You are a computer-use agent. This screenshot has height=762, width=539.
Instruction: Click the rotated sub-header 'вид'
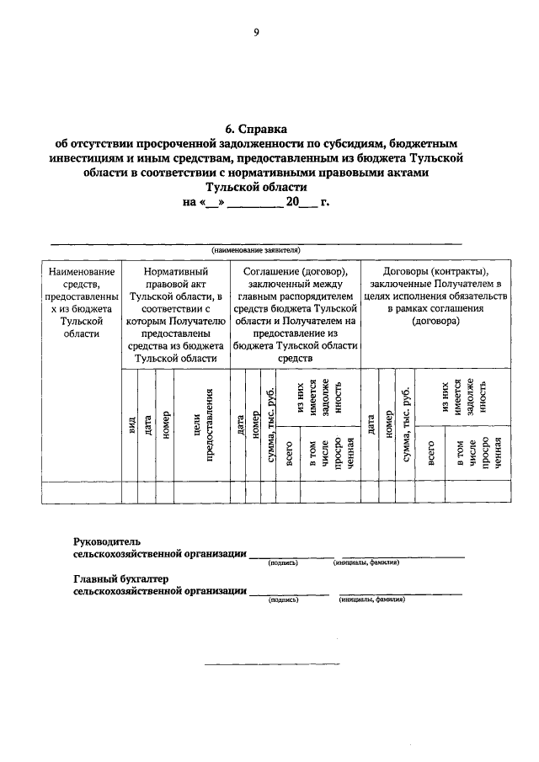(x=131, y=426)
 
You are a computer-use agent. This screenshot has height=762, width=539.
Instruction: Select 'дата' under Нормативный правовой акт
(x=148, y=426)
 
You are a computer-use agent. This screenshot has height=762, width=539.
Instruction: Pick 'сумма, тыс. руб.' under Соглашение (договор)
(x=269, y=424)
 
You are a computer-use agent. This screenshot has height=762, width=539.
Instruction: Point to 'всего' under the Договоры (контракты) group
(x=430, y=453)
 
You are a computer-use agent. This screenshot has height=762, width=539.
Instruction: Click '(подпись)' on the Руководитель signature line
(x=283, y=562)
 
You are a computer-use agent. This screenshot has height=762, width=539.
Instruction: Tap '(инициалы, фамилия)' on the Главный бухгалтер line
(x=371, y=601)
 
